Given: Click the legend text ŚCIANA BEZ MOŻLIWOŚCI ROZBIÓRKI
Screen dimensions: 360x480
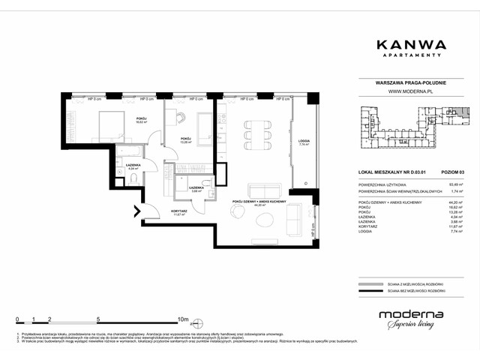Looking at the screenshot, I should (416, 287).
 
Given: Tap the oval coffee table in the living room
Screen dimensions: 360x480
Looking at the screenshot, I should (265, 219).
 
